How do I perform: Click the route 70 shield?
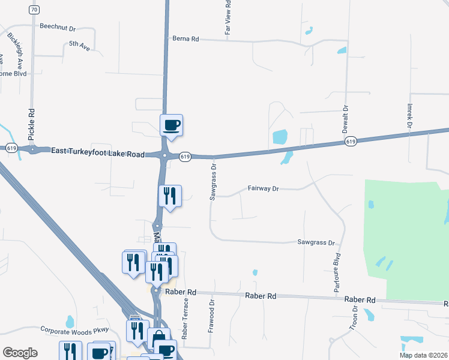[34, 10]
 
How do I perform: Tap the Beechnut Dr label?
[58, 27]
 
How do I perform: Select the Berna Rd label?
[185, 38]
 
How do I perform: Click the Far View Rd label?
[228, 17]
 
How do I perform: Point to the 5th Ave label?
[79, 44]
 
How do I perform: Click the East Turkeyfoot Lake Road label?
[98, 154]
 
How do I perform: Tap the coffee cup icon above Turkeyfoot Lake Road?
[171, 125]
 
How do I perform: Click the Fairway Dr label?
[264, 188]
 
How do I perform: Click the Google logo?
[20, 353]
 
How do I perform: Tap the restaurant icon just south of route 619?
[170, 196]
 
